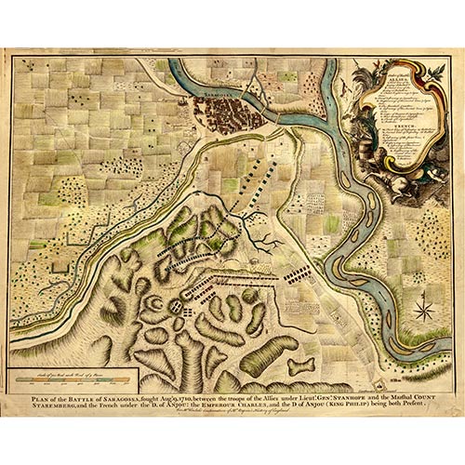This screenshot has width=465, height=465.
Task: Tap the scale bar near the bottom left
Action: point(75,380)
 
